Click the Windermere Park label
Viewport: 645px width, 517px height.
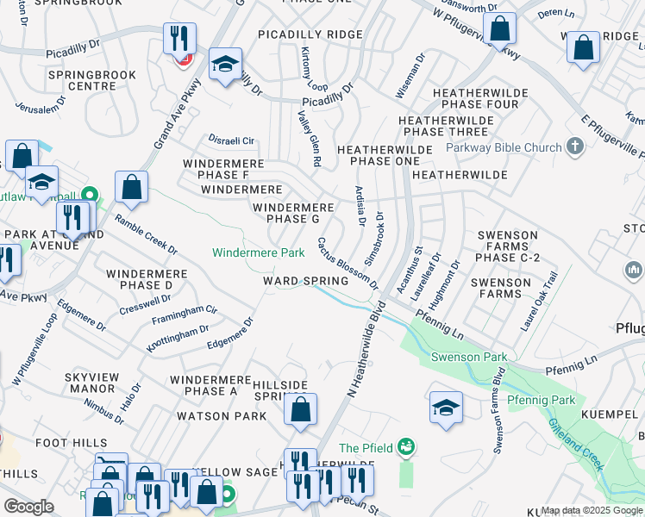(259, 252)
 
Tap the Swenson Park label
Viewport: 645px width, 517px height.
(468, 357)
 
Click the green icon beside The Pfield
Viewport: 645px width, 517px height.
(406, 446)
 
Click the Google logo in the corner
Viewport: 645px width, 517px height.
(28, 507)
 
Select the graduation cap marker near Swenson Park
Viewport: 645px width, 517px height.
(446, 407)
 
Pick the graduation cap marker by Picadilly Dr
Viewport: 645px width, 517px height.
(225, 65)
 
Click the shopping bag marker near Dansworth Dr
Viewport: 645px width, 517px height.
(499, 28)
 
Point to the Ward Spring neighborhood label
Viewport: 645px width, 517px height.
(306, 281)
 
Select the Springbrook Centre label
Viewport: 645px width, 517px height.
(92, 81)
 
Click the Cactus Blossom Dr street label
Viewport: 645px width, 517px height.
(348, 264)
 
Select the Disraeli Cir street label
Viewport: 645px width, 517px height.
(231, 140)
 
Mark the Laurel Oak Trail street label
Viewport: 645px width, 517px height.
(539, 304)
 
